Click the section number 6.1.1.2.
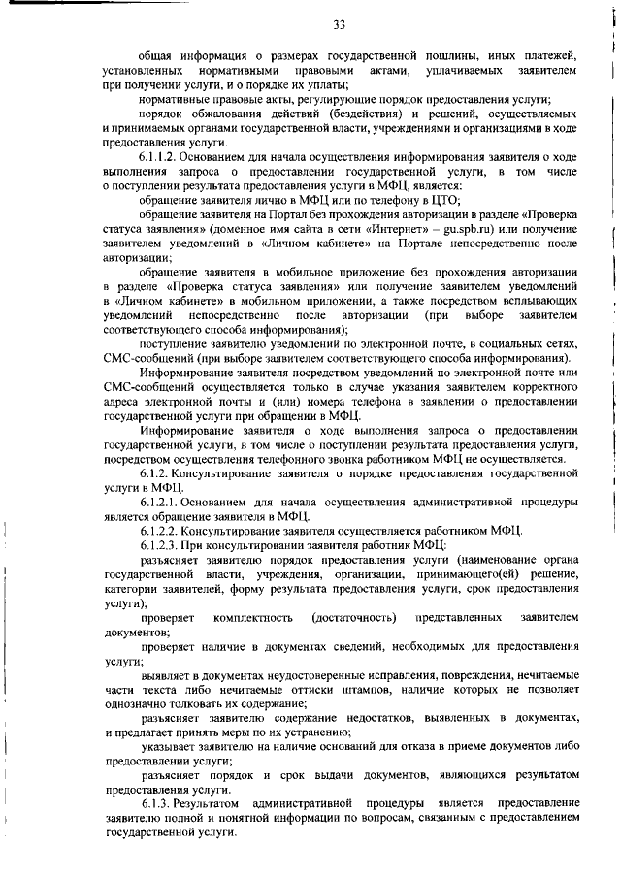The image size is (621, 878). pyautogui.click(x=162, y=159)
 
